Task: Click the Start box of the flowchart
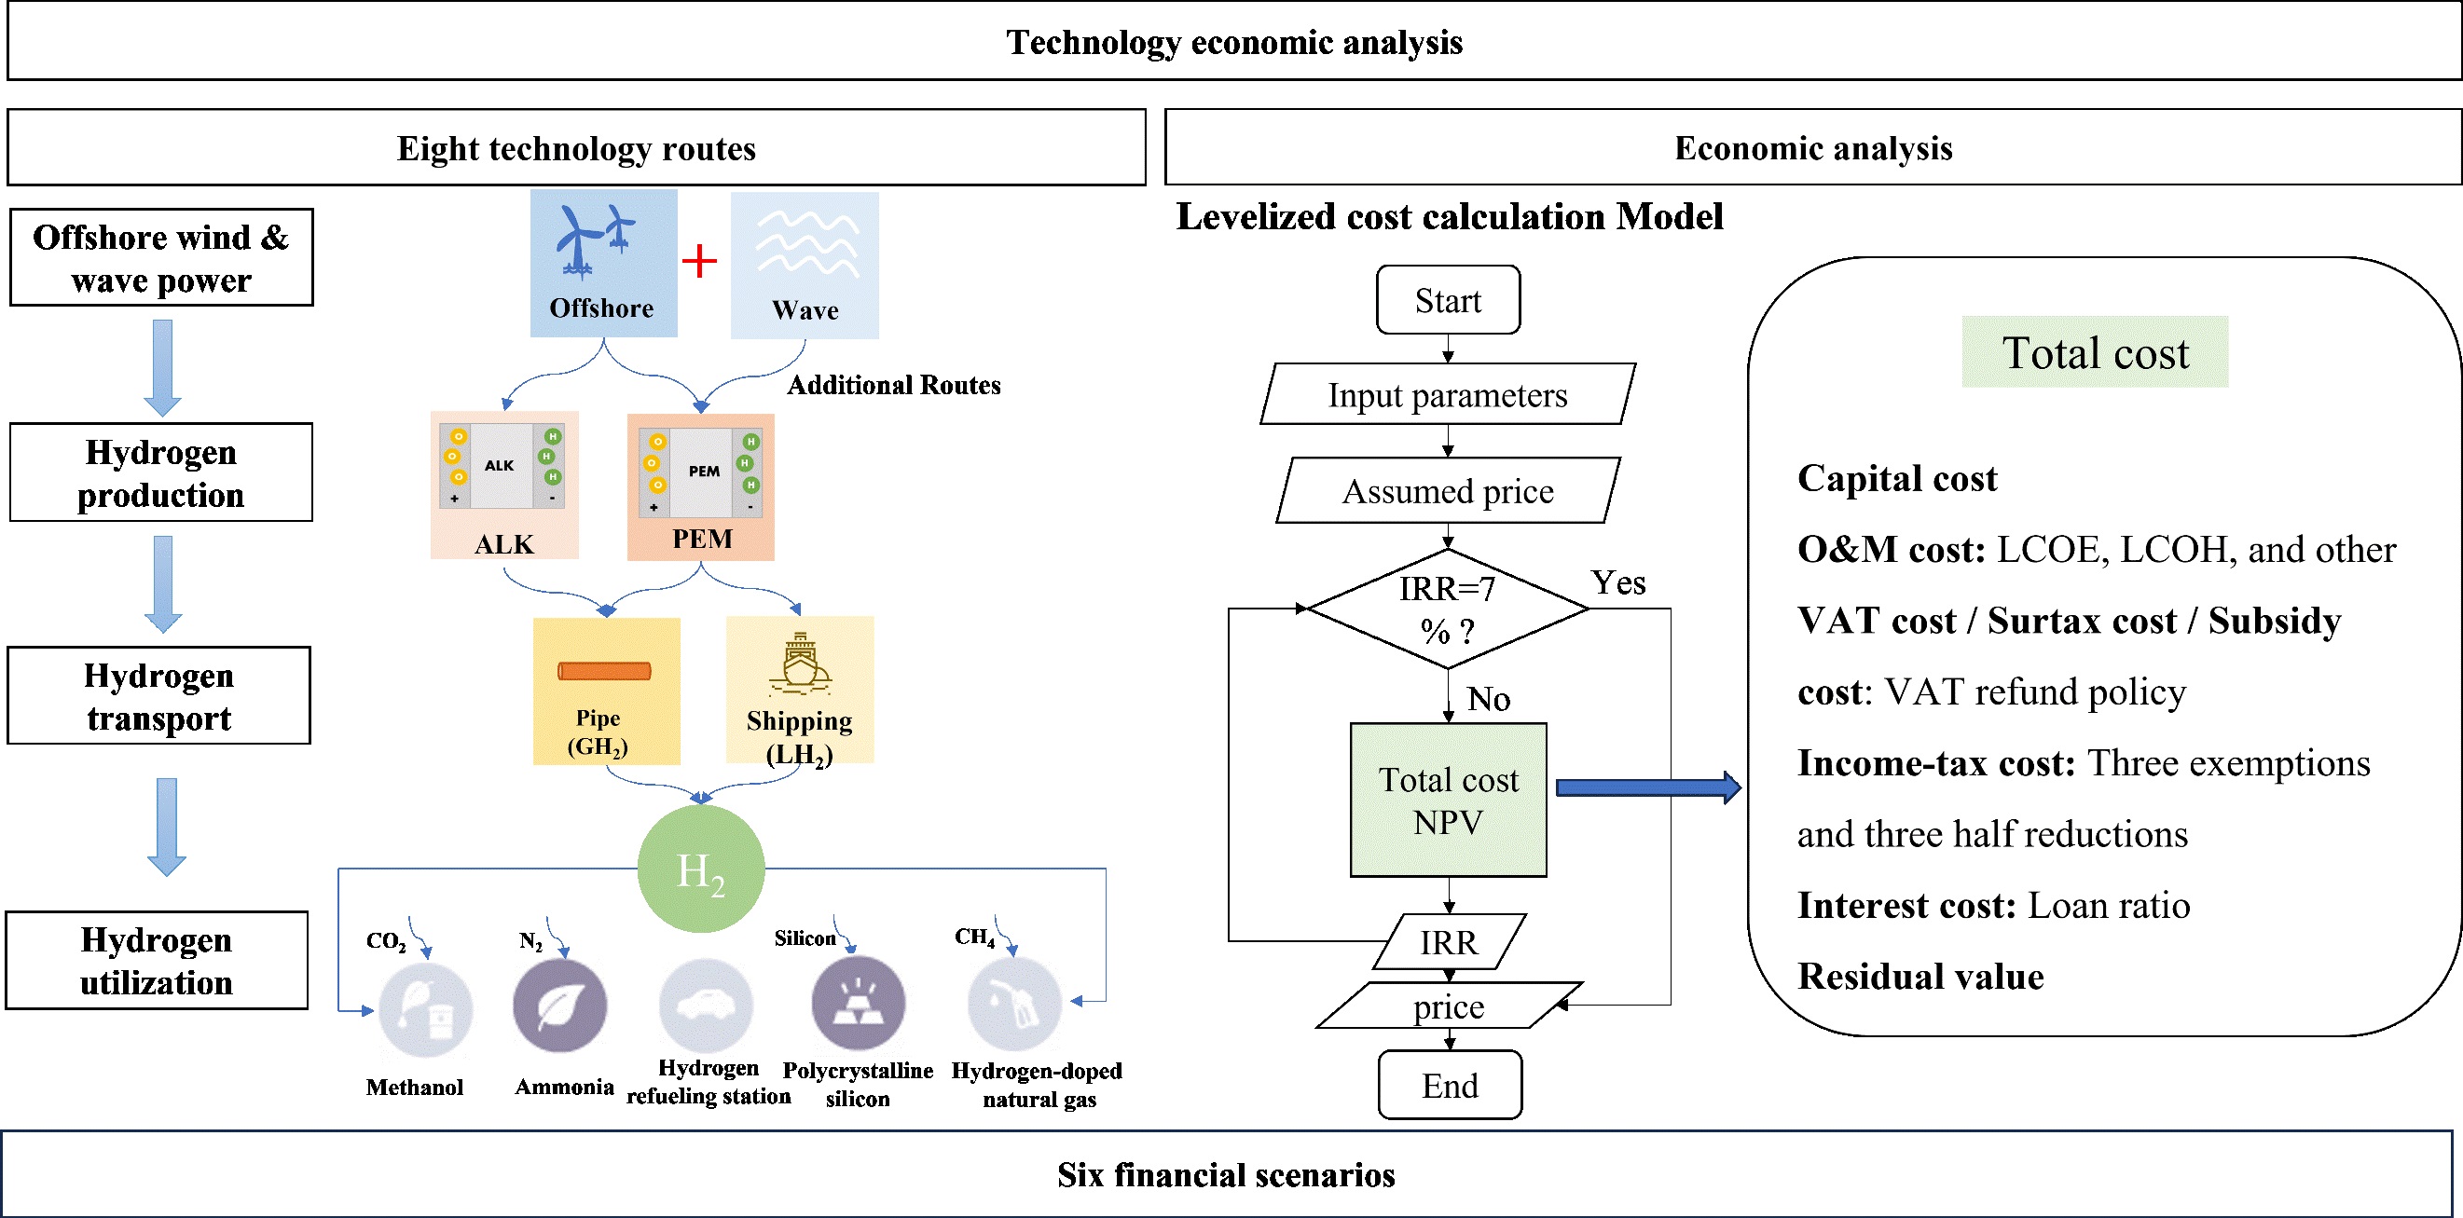(x=1448, y=300)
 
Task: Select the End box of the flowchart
(x=1450, y=1085)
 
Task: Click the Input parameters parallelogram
(x=1448, y=395)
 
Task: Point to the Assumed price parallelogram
(x=1448, y=491)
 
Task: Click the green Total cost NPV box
(x=1448, y=801)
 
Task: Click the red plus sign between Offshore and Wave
(x=700, y=260)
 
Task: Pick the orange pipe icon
(x=604, y=671)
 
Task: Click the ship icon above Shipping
(x=800, y=663)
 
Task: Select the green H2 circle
(x=701, y=869)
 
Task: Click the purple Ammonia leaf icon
(x=559, y=1006)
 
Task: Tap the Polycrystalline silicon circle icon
(x=858, y=1004)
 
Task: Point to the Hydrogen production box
(x=160, y=473)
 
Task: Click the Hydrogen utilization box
(x=157, y=961)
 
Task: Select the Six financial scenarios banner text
(x=1226, y=1175)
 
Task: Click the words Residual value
(x=1919, y=977)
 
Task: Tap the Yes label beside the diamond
(x=1617, y=582)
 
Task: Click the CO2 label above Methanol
(x=385, y=940)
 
